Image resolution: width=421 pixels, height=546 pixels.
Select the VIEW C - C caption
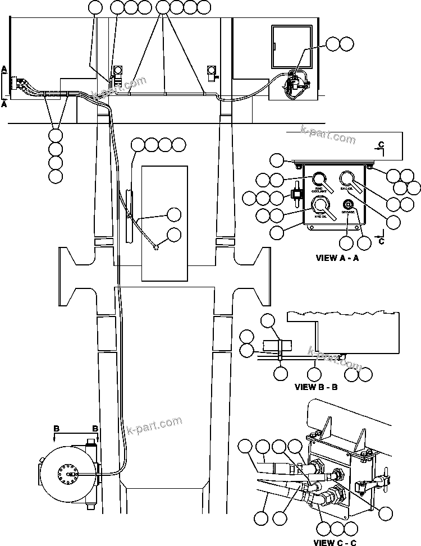click(x=335, y=542)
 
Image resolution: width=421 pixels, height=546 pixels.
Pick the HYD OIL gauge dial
click(x=320, y=204)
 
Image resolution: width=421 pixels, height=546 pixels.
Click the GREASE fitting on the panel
click(x=348, y=204)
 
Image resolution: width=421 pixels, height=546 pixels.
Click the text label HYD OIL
click(x=321, y=216)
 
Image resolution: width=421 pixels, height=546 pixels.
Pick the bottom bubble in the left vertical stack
click(x=56, y=176)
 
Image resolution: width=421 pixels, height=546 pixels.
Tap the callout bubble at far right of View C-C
click(x=386, y=512)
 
